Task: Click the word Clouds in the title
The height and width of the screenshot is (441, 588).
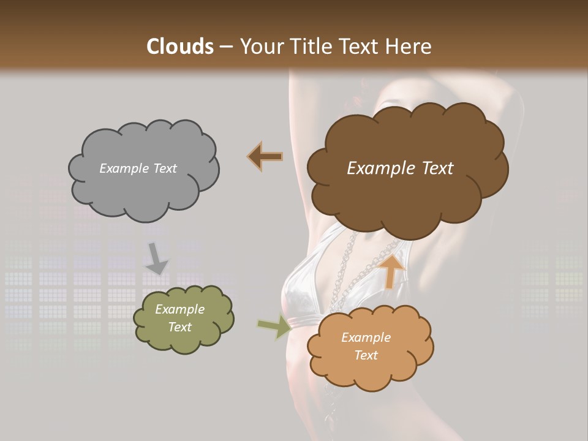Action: [x=181, y=47]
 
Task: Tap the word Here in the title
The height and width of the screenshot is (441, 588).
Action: [x=410, y=47]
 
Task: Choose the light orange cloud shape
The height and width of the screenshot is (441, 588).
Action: [x=371, y=367]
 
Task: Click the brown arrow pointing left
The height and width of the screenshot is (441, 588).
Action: [x=265, y=157]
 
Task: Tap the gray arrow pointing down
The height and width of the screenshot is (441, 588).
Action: [x=157, y=259]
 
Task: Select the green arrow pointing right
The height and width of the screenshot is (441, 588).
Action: [x=274, y=326]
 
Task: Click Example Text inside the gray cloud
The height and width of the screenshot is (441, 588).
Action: [x=138, y=168]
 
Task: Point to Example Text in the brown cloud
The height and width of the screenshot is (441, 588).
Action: [x=400, y=168]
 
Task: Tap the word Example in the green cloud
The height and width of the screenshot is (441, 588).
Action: [x=179, y=309]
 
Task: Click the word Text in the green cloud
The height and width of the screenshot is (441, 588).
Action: [x=179, y=327]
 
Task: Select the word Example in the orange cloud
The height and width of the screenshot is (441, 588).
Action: [x=366, y=337]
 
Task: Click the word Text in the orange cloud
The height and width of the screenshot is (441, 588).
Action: [x=366, y=355]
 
